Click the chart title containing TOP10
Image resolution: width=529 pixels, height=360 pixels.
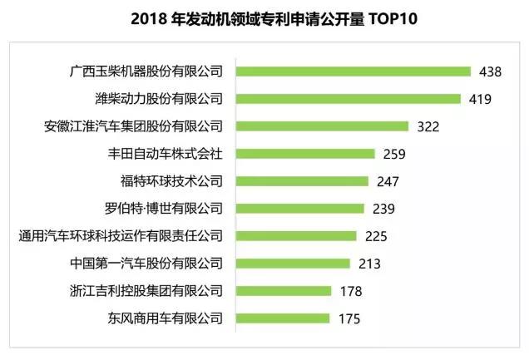coord(264,17)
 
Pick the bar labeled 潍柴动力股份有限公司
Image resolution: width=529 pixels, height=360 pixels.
coord(349,99)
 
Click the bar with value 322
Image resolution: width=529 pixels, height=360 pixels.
coord(323,126)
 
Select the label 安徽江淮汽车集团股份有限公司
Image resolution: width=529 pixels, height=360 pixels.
coord(134,126)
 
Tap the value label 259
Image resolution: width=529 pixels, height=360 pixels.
coord(394,154)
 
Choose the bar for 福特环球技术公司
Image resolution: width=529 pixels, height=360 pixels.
coord(303,181)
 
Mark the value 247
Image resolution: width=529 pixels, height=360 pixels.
coord(388,181)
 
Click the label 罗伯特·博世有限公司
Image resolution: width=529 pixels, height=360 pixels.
coord(160,209)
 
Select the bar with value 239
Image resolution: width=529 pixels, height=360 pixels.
coord(300,209)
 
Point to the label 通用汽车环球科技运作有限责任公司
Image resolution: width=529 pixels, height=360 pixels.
coord(121,236)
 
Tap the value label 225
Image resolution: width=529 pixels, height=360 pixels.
coord(377,236)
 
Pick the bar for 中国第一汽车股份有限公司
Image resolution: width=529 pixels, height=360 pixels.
coord(294,264)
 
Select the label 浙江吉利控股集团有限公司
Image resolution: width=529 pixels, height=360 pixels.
coord(147,291)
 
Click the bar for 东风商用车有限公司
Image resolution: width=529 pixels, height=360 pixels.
coord(284,318)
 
